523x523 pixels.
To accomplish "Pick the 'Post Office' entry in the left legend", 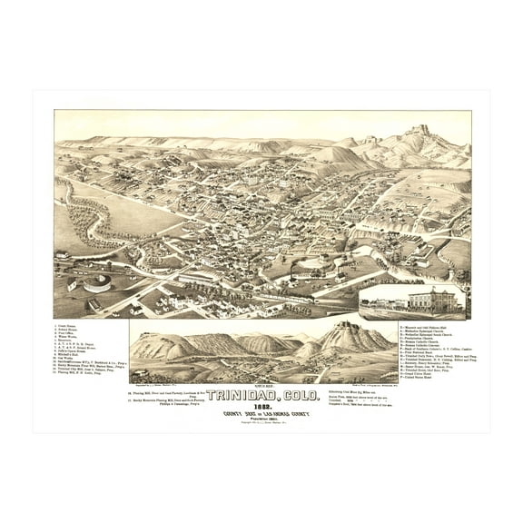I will (71, 333).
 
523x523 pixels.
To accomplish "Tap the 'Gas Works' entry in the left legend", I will (71, 358).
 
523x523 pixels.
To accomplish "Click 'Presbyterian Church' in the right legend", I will (418, 338).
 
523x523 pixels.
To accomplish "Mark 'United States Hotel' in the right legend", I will (417, 378).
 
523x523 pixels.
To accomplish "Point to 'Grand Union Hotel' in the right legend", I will (417, 373).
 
